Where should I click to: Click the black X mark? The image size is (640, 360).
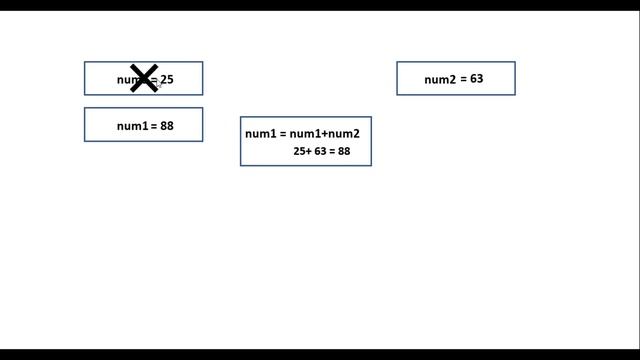click(x=144, y=79)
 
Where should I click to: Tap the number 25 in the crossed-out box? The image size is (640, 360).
click(x=167, y=79)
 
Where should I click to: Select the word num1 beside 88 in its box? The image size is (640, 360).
click(x=132, y=126)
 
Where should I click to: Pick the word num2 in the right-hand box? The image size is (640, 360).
click(x=440, y=79)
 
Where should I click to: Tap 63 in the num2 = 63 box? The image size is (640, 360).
click(x=476, y=78)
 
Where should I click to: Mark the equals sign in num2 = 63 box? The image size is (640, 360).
click(x=463, y=79)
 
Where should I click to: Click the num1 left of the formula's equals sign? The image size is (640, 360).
click(x=260, y=134)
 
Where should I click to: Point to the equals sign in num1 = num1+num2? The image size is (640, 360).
click(x=283, y=134)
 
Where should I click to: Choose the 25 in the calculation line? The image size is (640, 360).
click(x=299, y=152)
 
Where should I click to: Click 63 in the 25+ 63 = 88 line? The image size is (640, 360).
click(x=320, y=152)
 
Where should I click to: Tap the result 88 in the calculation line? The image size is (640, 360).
click(x=344, y=152)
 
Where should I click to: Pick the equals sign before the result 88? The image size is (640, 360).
click(x=332, y=152)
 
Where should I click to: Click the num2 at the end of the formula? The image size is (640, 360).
click(x=344, y=134)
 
